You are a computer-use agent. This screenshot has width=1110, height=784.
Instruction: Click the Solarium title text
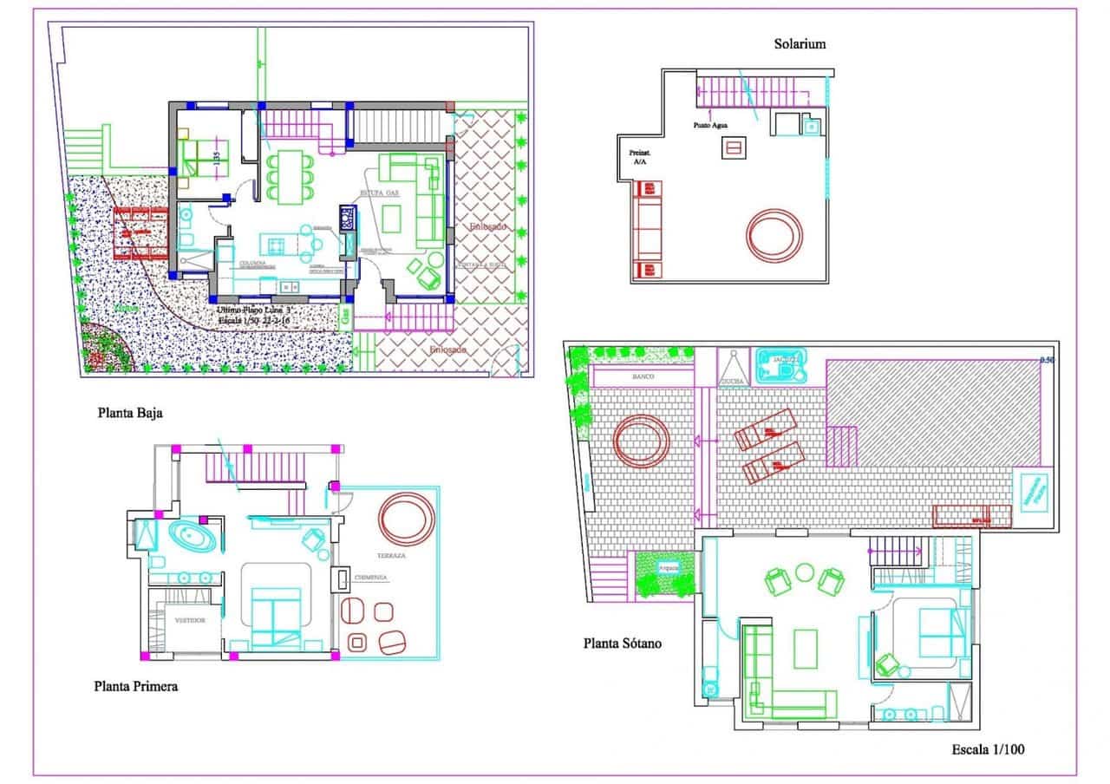tap(800, 43)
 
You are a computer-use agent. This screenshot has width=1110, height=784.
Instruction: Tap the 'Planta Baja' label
tap(130, 413)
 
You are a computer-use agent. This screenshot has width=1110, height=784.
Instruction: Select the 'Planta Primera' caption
tap(136, 686)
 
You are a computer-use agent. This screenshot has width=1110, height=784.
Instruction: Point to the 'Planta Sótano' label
tap(623, 644)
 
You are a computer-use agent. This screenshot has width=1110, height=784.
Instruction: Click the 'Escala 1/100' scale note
tap(988, 748)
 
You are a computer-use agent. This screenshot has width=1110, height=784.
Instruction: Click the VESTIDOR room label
tap(189, 621)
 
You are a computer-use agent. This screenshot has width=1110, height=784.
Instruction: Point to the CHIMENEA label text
tap(370, 577)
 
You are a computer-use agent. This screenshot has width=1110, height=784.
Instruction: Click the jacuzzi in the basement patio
tap(780, 367)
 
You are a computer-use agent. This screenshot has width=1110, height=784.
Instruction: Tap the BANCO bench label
tap(643, 378)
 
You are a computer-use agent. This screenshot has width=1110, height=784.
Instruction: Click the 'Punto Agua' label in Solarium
tap(710, 125)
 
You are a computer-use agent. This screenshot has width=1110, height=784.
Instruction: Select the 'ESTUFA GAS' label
tap(380, 193)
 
